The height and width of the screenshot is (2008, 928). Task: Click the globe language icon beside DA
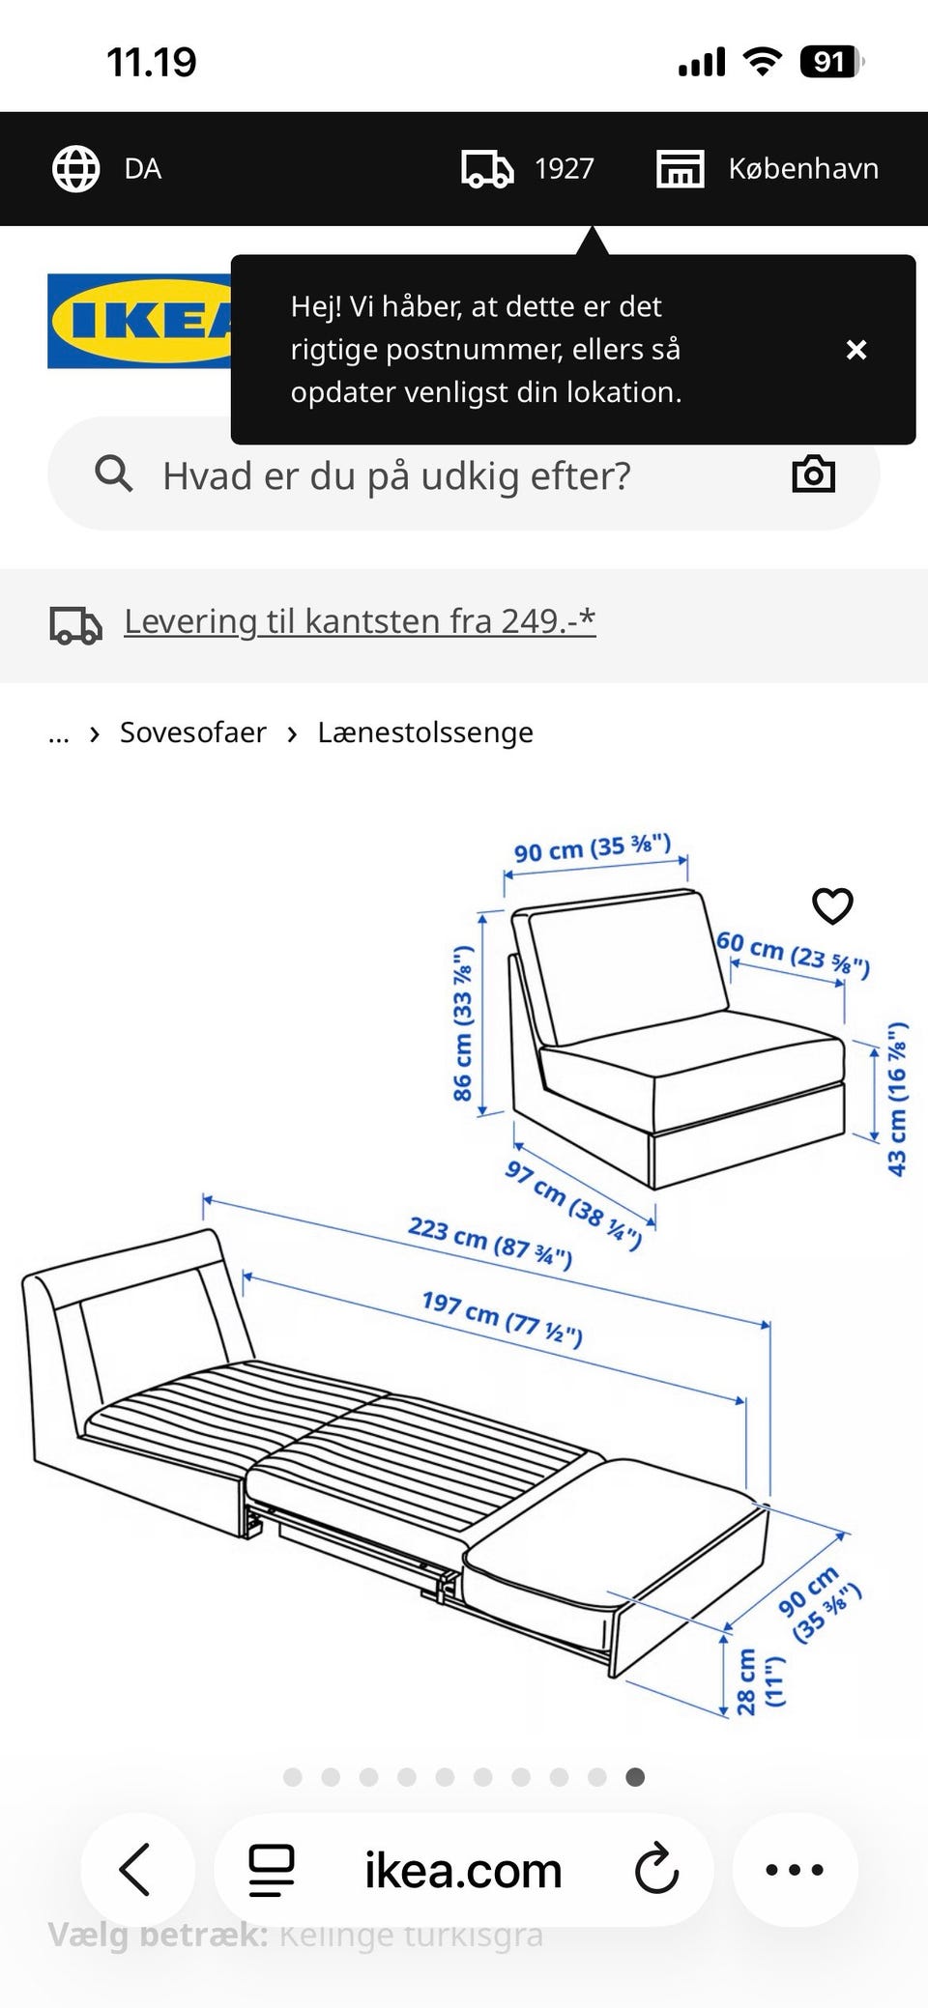coord(75,169)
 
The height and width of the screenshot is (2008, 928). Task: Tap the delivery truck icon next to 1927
coord(487,169)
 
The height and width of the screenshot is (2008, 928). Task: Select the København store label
coord(802,169)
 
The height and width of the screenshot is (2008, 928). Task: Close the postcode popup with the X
coord(855,350)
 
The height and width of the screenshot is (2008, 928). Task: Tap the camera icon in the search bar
coord(813,474)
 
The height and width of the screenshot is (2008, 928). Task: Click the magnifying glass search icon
coord(113,474)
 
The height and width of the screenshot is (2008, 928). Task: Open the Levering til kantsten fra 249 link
coord(360,621)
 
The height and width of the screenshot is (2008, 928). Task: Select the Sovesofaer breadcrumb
coord(192,732)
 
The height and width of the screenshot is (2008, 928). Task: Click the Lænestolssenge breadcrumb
coord(425,732)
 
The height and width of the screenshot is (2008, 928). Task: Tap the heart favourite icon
coord(832,905)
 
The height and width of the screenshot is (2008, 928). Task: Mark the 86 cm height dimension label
coord(464,1023)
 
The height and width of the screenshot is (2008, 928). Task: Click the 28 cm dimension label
coord(760,1681)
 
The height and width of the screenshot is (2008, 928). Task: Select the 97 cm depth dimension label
coord(572,1203)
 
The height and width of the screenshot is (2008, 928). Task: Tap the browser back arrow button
coord(135,1870)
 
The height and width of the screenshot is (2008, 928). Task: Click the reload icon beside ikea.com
coord(657,1870)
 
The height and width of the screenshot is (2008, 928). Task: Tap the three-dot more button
coord(795,1870)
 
